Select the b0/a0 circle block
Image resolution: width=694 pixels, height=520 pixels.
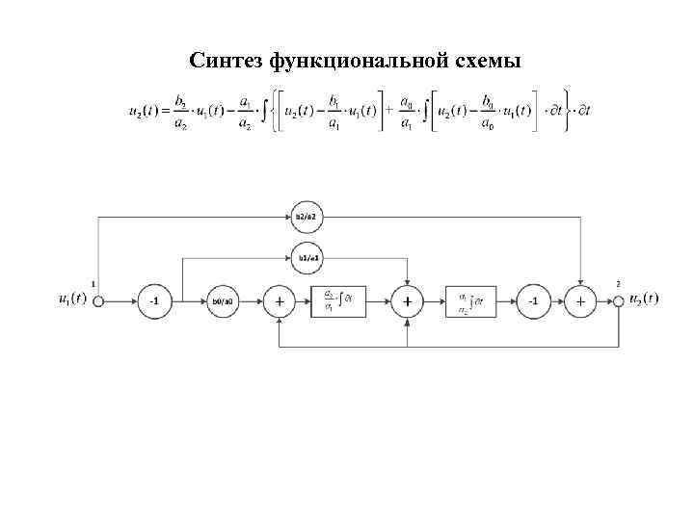[224, 301]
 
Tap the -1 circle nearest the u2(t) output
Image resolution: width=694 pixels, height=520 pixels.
[533, 301]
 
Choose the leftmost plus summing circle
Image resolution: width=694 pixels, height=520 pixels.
[280, 301]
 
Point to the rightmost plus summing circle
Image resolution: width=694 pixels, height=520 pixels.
[580, 301]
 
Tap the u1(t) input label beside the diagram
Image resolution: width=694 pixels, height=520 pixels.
[72, 299]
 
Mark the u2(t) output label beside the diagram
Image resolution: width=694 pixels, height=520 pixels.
[643, 299]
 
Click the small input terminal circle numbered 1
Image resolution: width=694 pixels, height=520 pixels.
[97, 300]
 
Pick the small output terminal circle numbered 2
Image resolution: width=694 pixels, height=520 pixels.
[618, 300]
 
